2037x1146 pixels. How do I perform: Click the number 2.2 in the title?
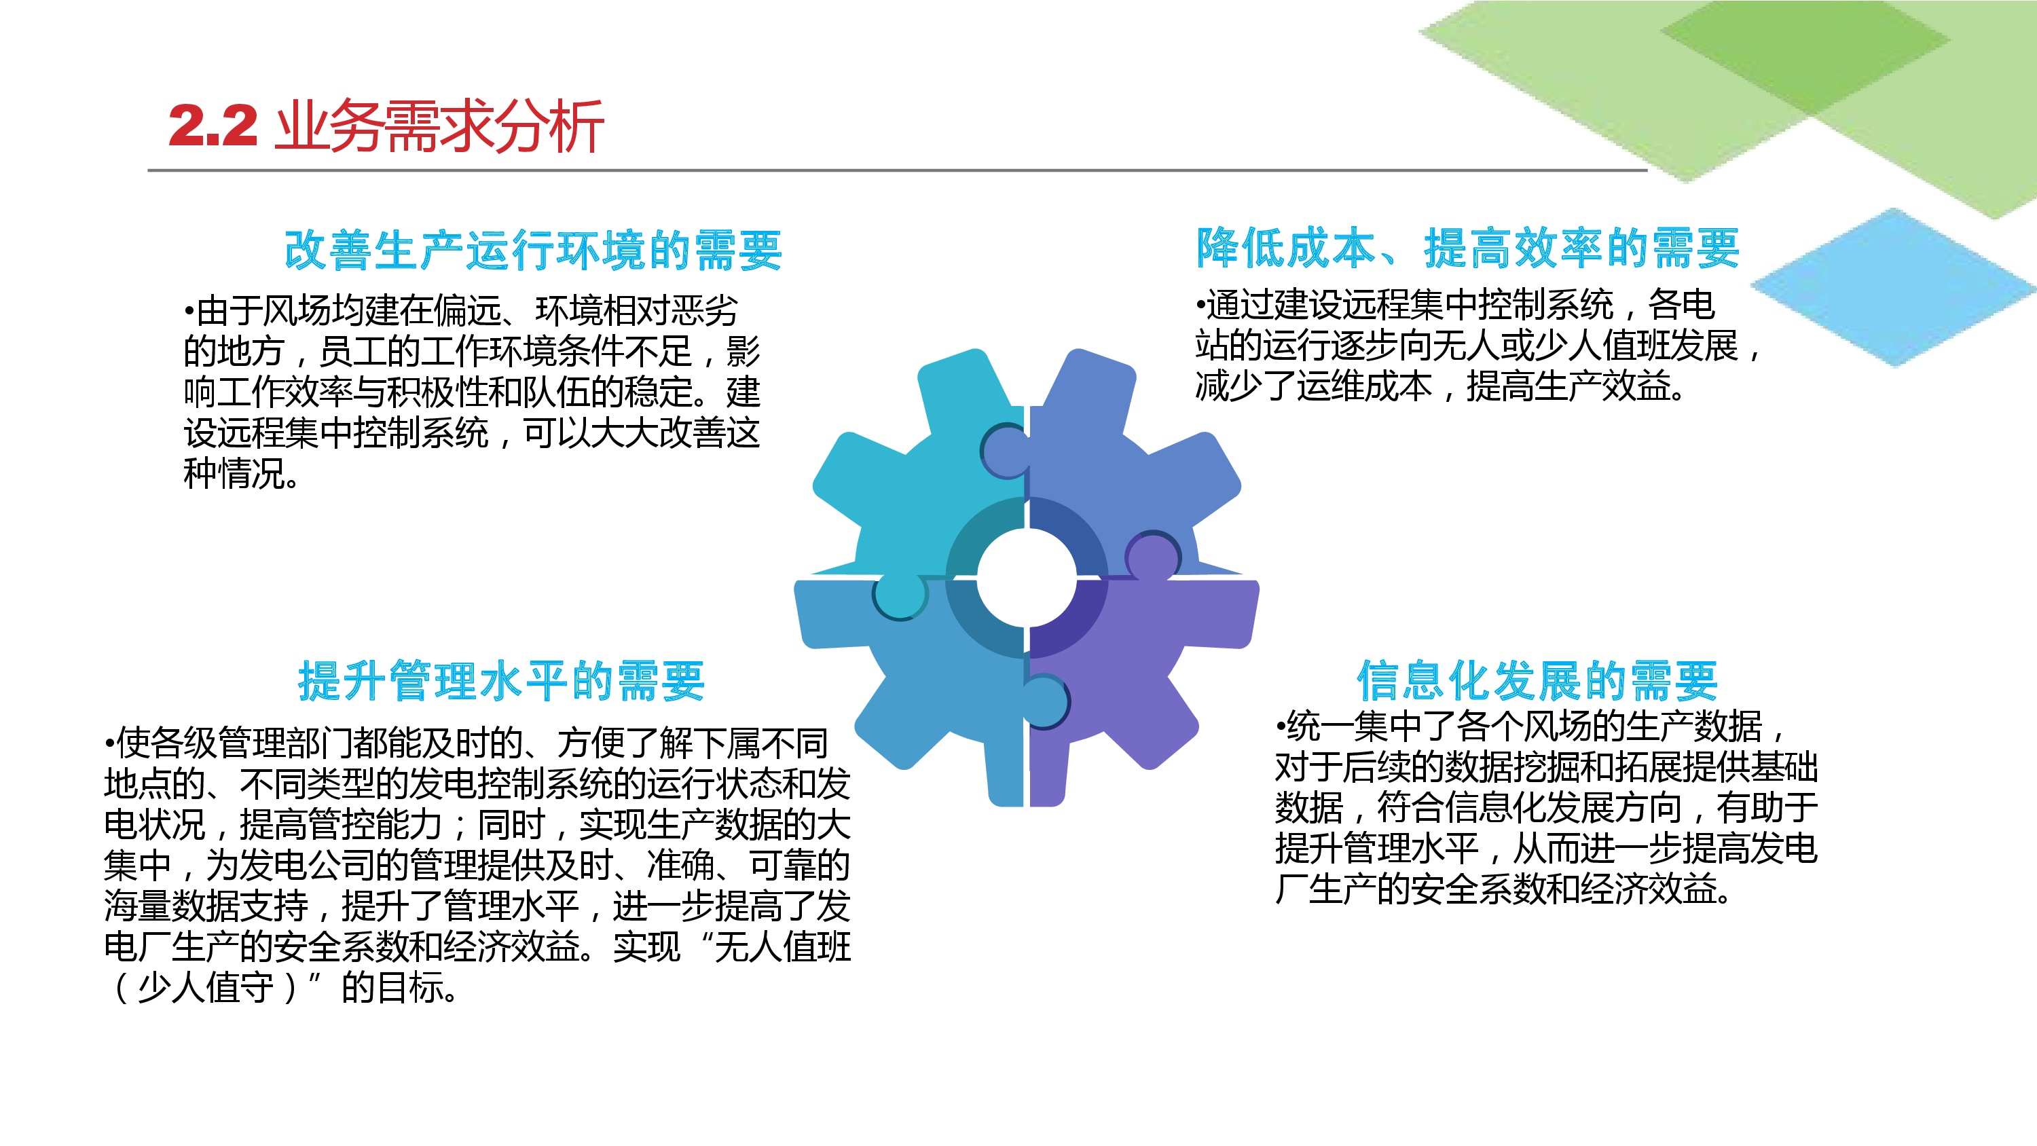coord(213,126)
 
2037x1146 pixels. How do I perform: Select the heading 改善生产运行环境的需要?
coord(534,250)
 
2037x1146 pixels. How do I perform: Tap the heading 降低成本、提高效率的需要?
coord(1467,248)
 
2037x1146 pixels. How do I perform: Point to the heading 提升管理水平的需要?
coord(501,680)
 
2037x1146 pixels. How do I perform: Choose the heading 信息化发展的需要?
coord(1537,680)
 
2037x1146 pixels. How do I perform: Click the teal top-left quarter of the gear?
coord(933,483)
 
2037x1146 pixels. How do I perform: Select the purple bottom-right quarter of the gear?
coord(1131,680)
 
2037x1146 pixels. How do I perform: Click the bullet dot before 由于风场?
coord(189,311)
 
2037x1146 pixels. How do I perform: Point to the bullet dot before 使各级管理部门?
coord(109,743)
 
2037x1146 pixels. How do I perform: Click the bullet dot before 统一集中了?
coord(1280,726)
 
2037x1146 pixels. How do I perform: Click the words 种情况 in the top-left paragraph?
coord(234,474)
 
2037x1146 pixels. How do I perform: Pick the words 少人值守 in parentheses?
coord(206,988)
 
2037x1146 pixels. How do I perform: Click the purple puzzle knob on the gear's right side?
coord(1153,555)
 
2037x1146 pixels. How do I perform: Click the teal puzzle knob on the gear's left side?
coord(900,595)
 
